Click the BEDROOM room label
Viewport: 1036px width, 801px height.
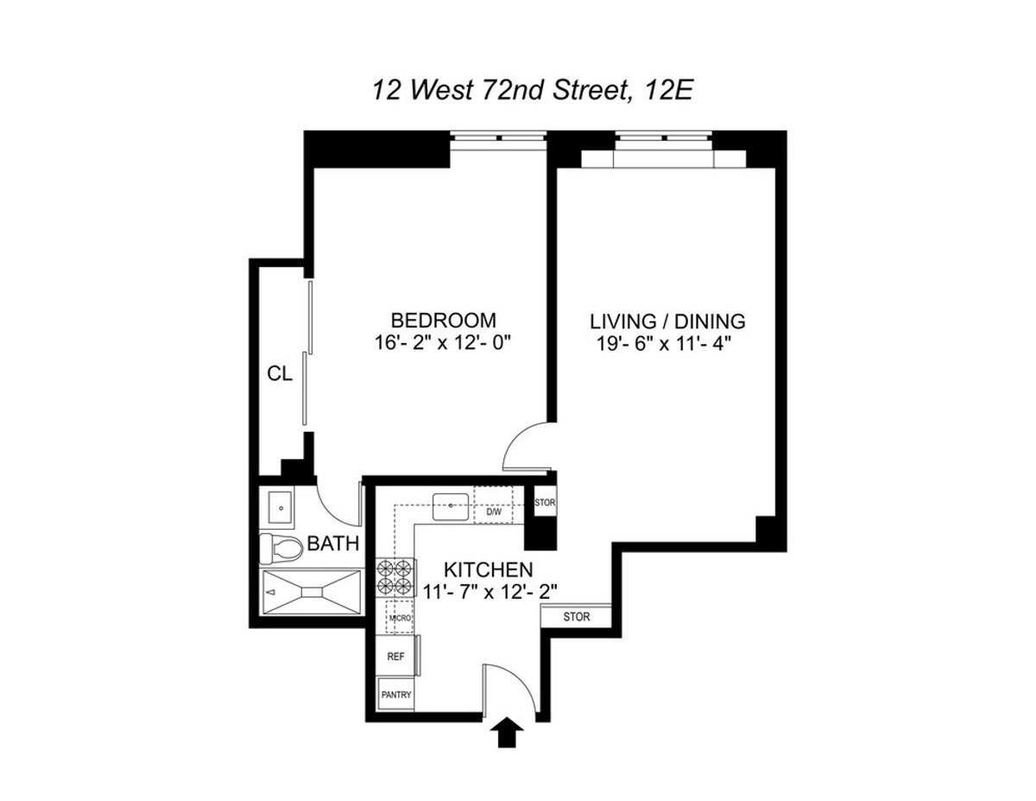pos(443,318)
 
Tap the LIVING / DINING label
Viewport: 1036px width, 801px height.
pos(667,321)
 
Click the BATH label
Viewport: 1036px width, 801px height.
pos(330,545)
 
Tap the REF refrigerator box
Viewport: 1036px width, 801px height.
pos(396,657)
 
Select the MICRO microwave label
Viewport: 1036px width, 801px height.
pos(399,618)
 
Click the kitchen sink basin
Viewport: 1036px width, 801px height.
pos(451,505)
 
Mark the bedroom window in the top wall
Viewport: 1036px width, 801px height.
pos(499,138)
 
